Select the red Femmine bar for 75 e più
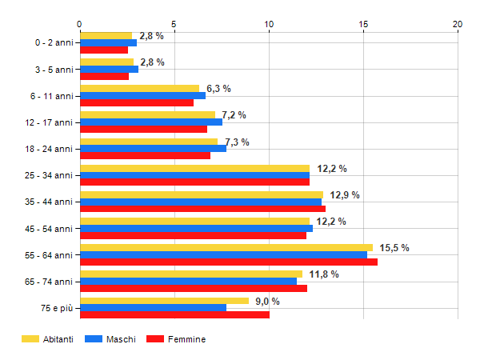coord(174,314)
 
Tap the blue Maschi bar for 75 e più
coord(153,308)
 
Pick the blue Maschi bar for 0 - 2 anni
coord(108,42)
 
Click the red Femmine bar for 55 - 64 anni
coord(229,262)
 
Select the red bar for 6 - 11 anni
coord(137,102)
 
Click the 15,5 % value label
coord(393,248)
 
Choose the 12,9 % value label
coord(344,195)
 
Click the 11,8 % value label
coord(323,274)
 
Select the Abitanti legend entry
coord(48,339)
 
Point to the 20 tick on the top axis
coord(458,24)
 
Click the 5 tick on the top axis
coord(174,24)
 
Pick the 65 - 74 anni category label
coord(50,282)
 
